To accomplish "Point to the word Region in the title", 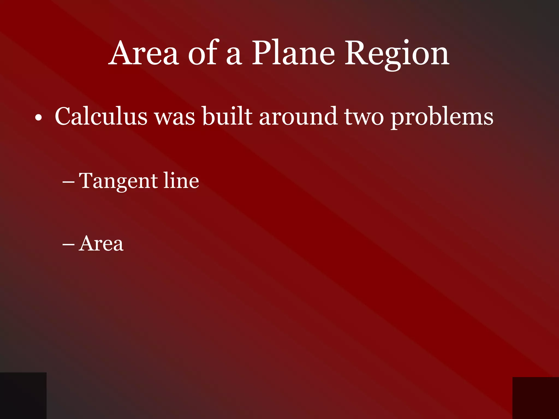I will coord(397,54).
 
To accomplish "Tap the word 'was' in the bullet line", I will coord(175,118).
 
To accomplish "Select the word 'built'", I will coord(227,116).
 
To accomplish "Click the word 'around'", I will coord(298,116).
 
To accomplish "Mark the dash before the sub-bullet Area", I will coord(68,244).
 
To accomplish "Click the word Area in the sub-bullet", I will coord(101,243).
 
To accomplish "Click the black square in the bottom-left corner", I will coord(23,396).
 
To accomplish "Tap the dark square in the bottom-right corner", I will coord(536,398).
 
